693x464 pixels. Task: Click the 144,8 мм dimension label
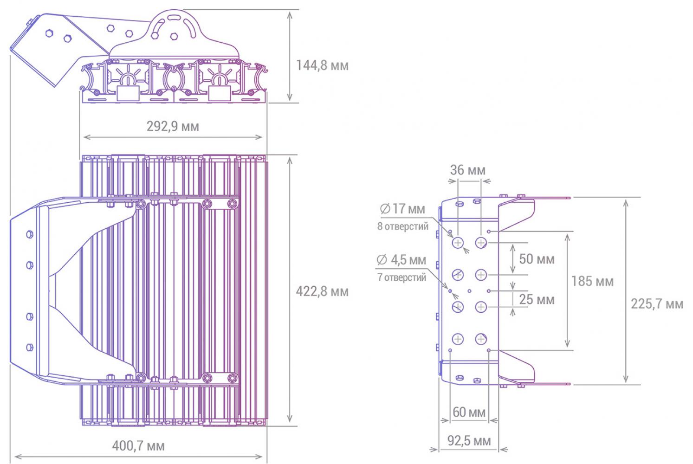[x=322, y=65]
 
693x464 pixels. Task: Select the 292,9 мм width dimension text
[x=173, y=126]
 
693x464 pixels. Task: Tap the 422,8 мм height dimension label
[x=322, y=291]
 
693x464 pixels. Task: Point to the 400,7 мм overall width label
[x=138, y=446]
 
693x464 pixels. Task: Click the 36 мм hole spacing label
[x=467, y=170]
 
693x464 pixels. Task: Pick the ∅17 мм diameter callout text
[x=402, y=209]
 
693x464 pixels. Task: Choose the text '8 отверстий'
[x=403, y=226]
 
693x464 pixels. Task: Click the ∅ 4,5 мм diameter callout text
[x=401, y=260]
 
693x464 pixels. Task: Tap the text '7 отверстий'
[x=402, y=277]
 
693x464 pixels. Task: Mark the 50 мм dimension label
[x=537, y=259]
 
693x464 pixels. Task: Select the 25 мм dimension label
[x=537, y=299]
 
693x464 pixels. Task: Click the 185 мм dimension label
[x=592, y=281]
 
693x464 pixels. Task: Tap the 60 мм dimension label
[x=469, y=412]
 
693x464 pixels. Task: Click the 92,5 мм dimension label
[x=469, y=441]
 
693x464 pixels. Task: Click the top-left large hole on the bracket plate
[x=458, y=243]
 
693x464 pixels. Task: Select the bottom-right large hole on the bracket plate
[x=481, y=339]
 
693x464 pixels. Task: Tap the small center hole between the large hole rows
[x=469, y=291]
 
